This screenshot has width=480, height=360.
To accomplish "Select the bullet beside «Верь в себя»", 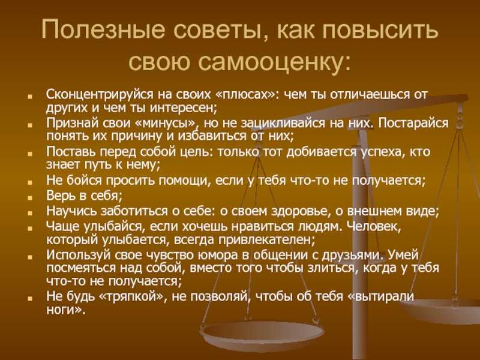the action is point(29,197).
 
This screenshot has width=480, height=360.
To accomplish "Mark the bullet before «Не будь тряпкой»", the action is point(29,298).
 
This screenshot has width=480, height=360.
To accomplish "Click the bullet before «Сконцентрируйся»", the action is point(29,97).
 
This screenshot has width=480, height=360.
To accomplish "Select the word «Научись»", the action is point(72,211).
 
